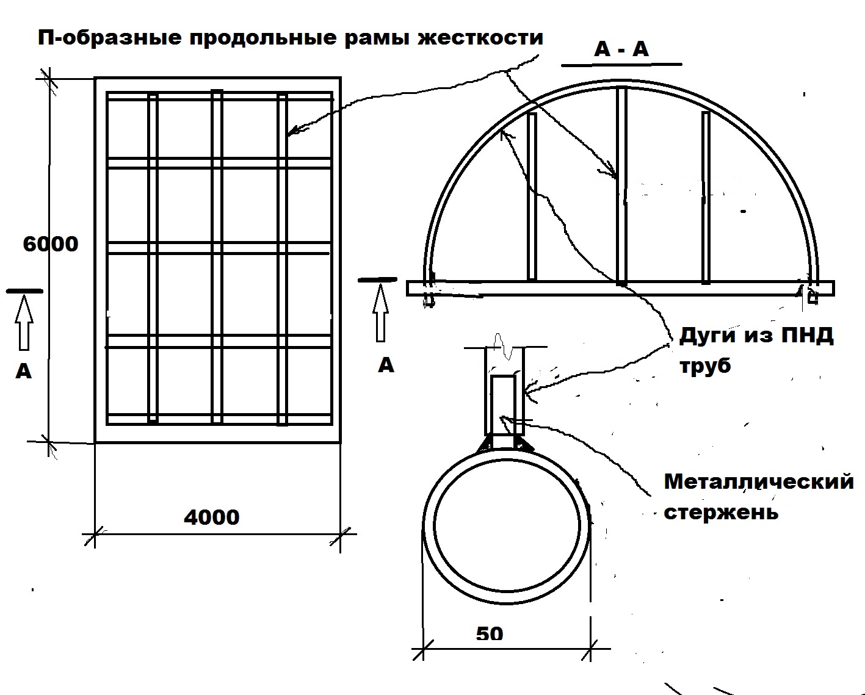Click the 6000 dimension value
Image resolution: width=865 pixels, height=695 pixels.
51,244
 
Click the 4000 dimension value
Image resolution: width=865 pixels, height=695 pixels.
211,517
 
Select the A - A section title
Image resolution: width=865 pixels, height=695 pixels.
621,49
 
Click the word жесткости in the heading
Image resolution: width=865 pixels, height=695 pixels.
480,38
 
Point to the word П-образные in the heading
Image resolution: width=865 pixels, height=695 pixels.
109,38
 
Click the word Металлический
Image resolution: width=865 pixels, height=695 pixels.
759,481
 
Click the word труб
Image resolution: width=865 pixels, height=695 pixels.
705,366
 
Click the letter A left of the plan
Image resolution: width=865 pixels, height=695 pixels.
23,372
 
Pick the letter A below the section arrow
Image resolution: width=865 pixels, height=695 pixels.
386,366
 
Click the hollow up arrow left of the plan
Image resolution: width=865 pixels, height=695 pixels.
24,322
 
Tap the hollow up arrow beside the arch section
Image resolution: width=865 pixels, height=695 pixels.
381,313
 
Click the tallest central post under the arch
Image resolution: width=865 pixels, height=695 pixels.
621,185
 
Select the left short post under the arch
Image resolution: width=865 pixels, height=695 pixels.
532,196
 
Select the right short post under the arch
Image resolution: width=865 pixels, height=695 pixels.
706,198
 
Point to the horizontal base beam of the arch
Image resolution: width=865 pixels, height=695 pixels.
620,289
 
